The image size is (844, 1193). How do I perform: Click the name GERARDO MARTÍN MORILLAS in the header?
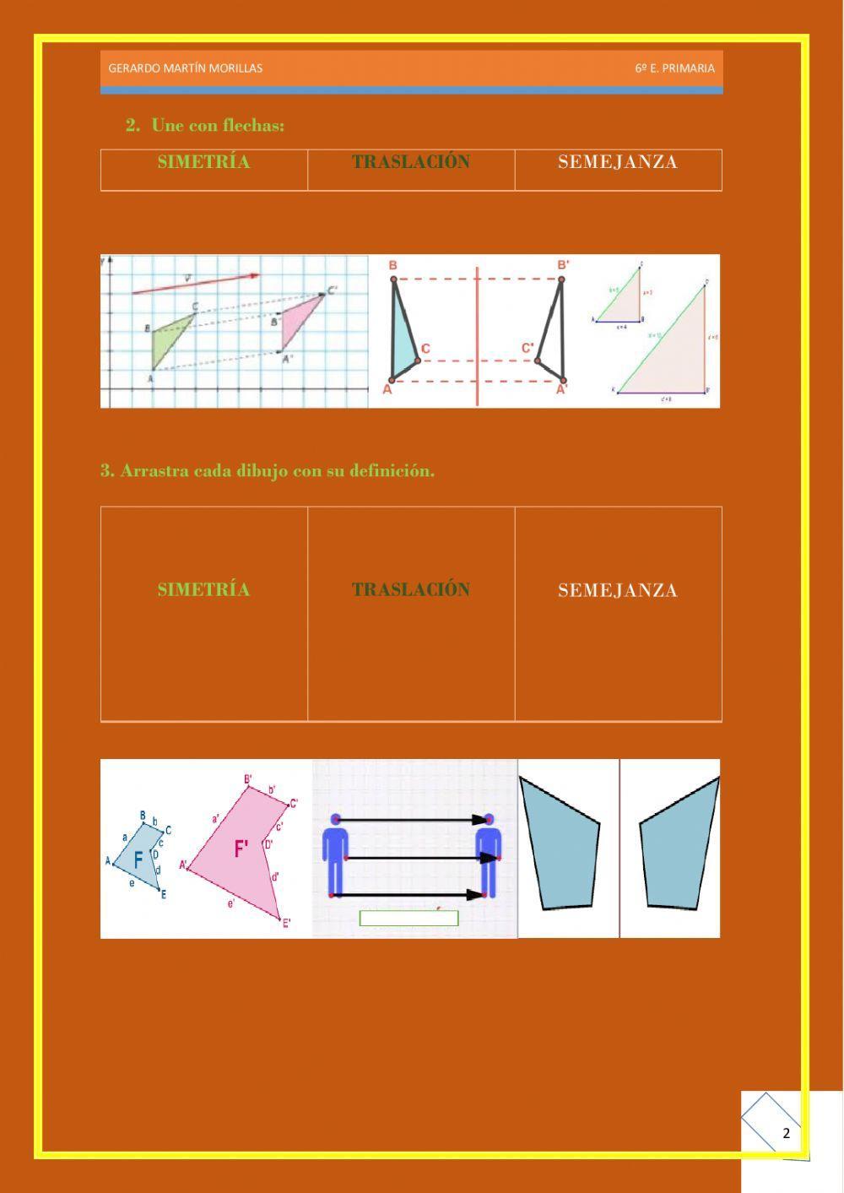pos(186,68)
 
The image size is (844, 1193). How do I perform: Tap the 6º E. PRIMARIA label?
pos(674,68)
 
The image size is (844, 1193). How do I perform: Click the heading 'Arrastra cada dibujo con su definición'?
pos(268,471)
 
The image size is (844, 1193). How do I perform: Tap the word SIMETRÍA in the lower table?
pos(203,589)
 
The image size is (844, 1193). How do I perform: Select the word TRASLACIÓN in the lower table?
pos(411,589)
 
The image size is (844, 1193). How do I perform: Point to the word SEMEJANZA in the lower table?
pos(618,590)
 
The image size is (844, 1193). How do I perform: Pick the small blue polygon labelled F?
pos(139,857)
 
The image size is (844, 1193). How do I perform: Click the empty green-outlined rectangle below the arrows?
pos(408,919)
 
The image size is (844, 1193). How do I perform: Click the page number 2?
pos(787,1133)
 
